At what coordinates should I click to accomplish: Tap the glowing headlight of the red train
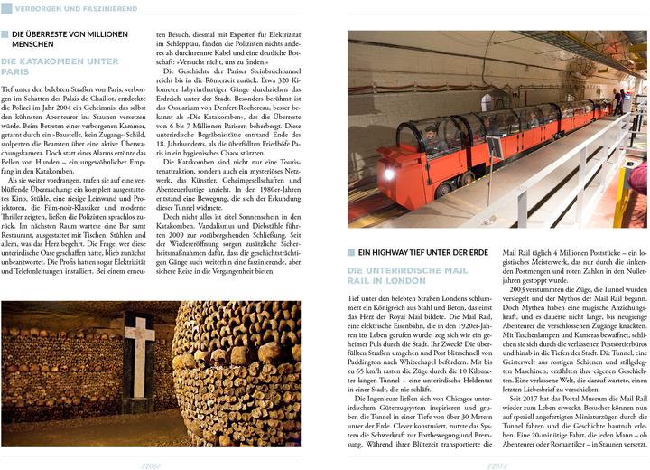pos(389,174)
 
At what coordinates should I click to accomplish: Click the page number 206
pos(151,462)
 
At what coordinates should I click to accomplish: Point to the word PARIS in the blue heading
pos(16,71)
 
